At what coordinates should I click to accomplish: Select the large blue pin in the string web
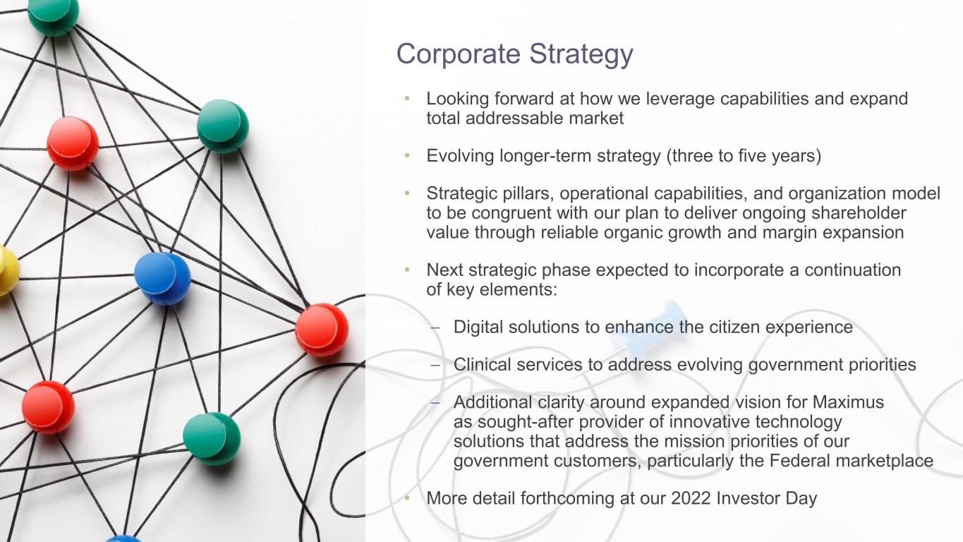(x=162, y=278)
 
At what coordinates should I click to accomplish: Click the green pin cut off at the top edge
(x=53, y=13)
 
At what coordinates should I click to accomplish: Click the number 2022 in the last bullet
(x=691, y=498)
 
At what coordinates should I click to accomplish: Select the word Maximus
(x=848, y=402)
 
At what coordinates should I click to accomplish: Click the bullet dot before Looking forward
(x=406, y=99)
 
